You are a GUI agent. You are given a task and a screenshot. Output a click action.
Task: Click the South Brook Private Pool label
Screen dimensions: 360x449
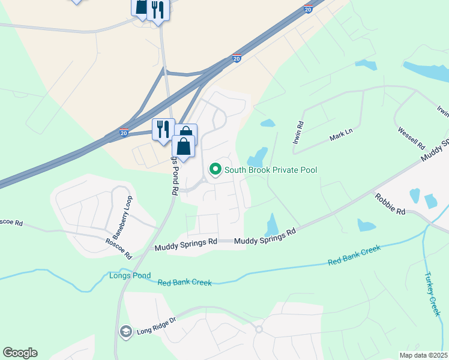(271, 170)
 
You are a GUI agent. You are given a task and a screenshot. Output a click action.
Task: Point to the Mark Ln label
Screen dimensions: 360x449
(339, 139)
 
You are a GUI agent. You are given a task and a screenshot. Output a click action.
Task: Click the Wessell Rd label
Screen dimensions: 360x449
(411, 138)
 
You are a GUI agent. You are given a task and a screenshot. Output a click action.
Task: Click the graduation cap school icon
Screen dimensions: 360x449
(126, 332)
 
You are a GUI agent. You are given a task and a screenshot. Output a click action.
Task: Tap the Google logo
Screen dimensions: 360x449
(20, 353)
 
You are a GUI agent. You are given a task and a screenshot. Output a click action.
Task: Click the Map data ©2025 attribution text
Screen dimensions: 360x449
(423, 355)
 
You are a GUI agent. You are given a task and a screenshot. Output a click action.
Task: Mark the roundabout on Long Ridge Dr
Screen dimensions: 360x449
(259, 329)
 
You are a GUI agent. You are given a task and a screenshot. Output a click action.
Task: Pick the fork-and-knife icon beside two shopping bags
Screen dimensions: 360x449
(162, 130)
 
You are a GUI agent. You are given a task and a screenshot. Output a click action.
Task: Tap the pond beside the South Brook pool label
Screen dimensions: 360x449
(258, 157)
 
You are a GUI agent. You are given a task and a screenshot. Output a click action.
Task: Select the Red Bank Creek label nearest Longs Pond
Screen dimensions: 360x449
(184, 283)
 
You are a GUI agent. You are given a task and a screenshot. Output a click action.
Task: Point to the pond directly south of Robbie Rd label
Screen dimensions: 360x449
(366, 226)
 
